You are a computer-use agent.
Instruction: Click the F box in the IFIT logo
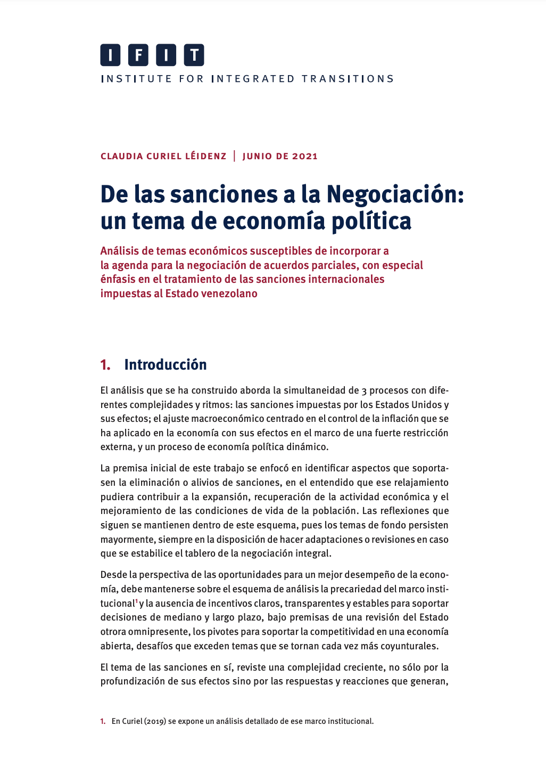click(138, 55)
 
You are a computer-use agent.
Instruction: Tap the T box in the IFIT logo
click(194, 55)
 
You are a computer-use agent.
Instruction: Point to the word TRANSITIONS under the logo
click(348, 79)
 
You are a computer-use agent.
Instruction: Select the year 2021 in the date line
click(305, 156)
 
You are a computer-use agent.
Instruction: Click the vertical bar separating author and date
click(234, 156)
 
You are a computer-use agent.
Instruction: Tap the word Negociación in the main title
click(395, 194)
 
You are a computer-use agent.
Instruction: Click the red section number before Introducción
click(105, 365)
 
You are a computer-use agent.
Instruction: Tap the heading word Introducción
click(166, 365)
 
